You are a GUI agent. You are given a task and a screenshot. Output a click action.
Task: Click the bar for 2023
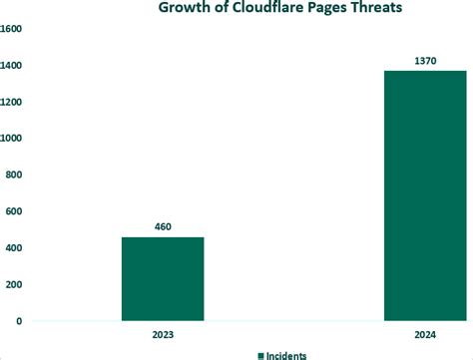click(163, 279)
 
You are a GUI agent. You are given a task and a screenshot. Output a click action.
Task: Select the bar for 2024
click(425, 195)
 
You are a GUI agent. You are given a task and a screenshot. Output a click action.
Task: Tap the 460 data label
click(163, 226)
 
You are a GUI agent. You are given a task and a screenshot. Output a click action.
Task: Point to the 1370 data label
click(426, 61)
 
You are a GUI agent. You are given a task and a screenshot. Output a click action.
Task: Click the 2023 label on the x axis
click(163, 335)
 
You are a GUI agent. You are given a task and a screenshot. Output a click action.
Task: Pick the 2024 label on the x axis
click(426, 335)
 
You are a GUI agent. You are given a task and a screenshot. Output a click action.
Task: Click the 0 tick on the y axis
click(18, 321)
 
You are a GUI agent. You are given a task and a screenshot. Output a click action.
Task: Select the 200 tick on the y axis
click(12, 284)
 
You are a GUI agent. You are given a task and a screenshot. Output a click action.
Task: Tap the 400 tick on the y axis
click(12, 248)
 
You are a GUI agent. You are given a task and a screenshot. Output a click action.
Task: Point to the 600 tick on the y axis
click(12, 211)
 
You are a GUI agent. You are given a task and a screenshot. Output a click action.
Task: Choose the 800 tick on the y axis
click(12, 175)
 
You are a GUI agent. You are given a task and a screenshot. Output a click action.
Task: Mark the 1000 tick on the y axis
click(10, 139)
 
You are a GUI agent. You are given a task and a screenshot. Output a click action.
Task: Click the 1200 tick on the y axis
click(10, 102)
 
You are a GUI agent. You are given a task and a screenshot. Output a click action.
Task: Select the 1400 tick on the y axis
click(10, 66)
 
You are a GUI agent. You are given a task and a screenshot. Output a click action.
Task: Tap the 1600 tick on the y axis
click(10, 29)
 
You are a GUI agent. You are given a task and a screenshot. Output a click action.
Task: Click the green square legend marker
click(261, 355)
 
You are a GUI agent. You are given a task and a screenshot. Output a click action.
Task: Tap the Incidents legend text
click(287, 355)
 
